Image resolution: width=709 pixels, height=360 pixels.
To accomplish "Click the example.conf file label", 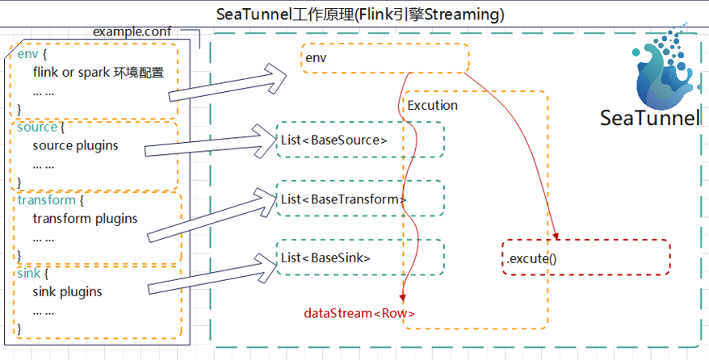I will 132,31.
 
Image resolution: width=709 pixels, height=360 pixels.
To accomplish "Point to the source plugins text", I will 75,146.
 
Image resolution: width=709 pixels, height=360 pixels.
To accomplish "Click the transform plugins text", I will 85,218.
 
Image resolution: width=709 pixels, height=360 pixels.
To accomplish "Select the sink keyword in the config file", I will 28,274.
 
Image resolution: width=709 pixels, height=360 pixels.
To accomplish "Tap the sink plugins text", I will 67,291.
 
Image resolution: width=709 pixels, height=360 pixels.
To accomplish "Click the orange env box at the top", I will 385,58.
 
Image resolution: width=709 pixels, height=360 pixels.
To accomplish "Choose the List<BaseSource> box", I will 360,140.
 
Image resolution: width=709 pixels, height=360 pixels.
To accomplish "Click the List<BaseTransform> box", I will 360,199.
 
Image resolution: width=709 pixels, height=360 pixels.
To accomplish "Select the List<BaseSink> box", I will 360,257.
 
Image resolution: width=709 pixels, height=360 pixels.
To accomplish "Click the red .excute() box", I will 585,258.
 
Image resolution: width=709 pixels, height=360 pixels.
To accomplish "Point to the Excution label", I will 433,105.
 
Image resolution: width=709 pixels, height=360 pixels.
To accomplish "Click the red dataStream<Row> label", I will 359,312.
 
